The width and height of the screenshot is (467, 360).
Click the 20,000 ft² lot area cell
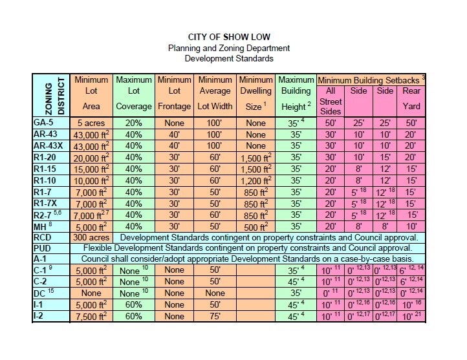(x=91, y=157)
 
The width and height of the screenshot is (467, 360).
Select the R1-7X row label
(x=49, y=204)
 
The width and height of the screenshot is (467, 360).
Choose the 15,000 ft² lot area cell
(x=91, y=169)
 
